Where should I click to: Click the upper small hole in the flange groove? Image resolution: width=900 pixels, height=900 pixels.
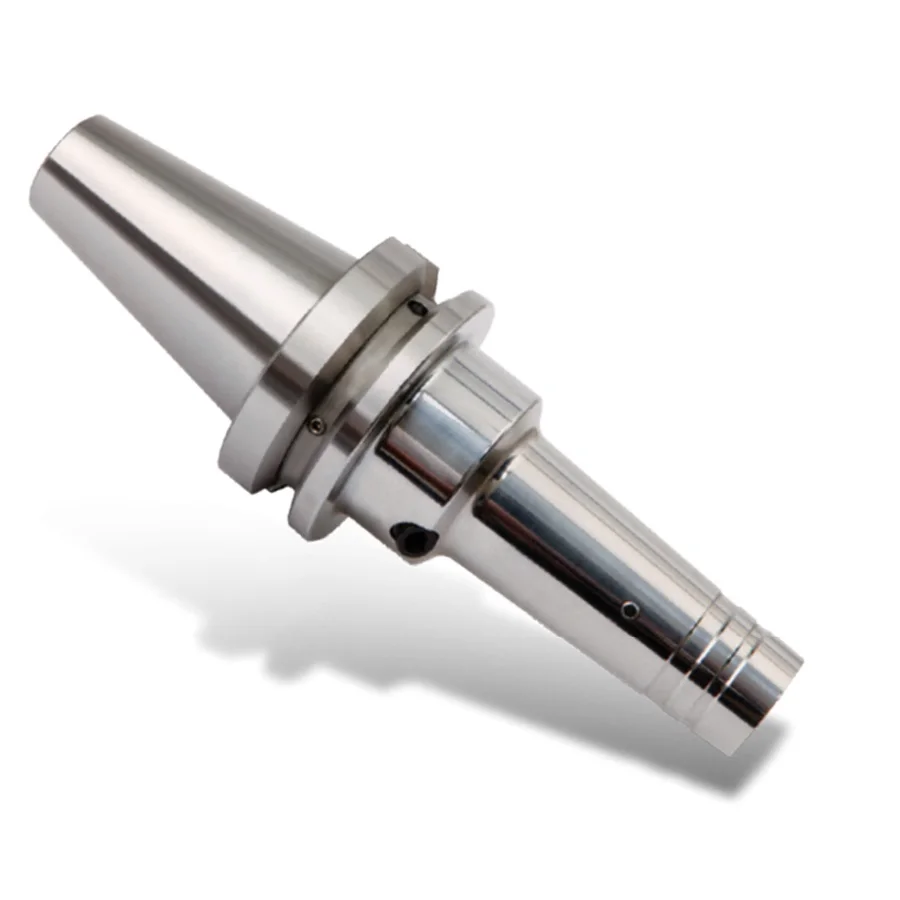click(419, 308)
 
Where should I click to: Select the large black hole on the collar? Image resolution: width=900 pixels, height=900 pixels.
click(412, 538)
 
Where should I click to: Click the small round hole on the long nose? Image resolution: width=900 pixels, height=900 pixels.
click(628, 609)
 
